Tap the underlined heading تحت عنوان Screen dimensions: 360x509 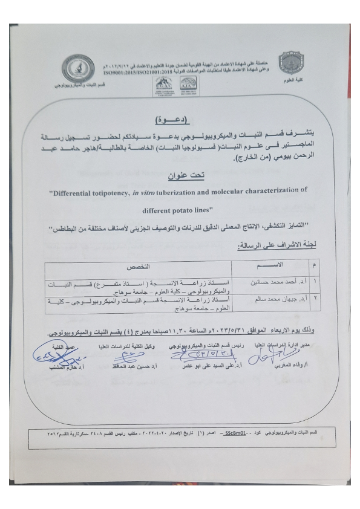(x=185, y=175)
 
